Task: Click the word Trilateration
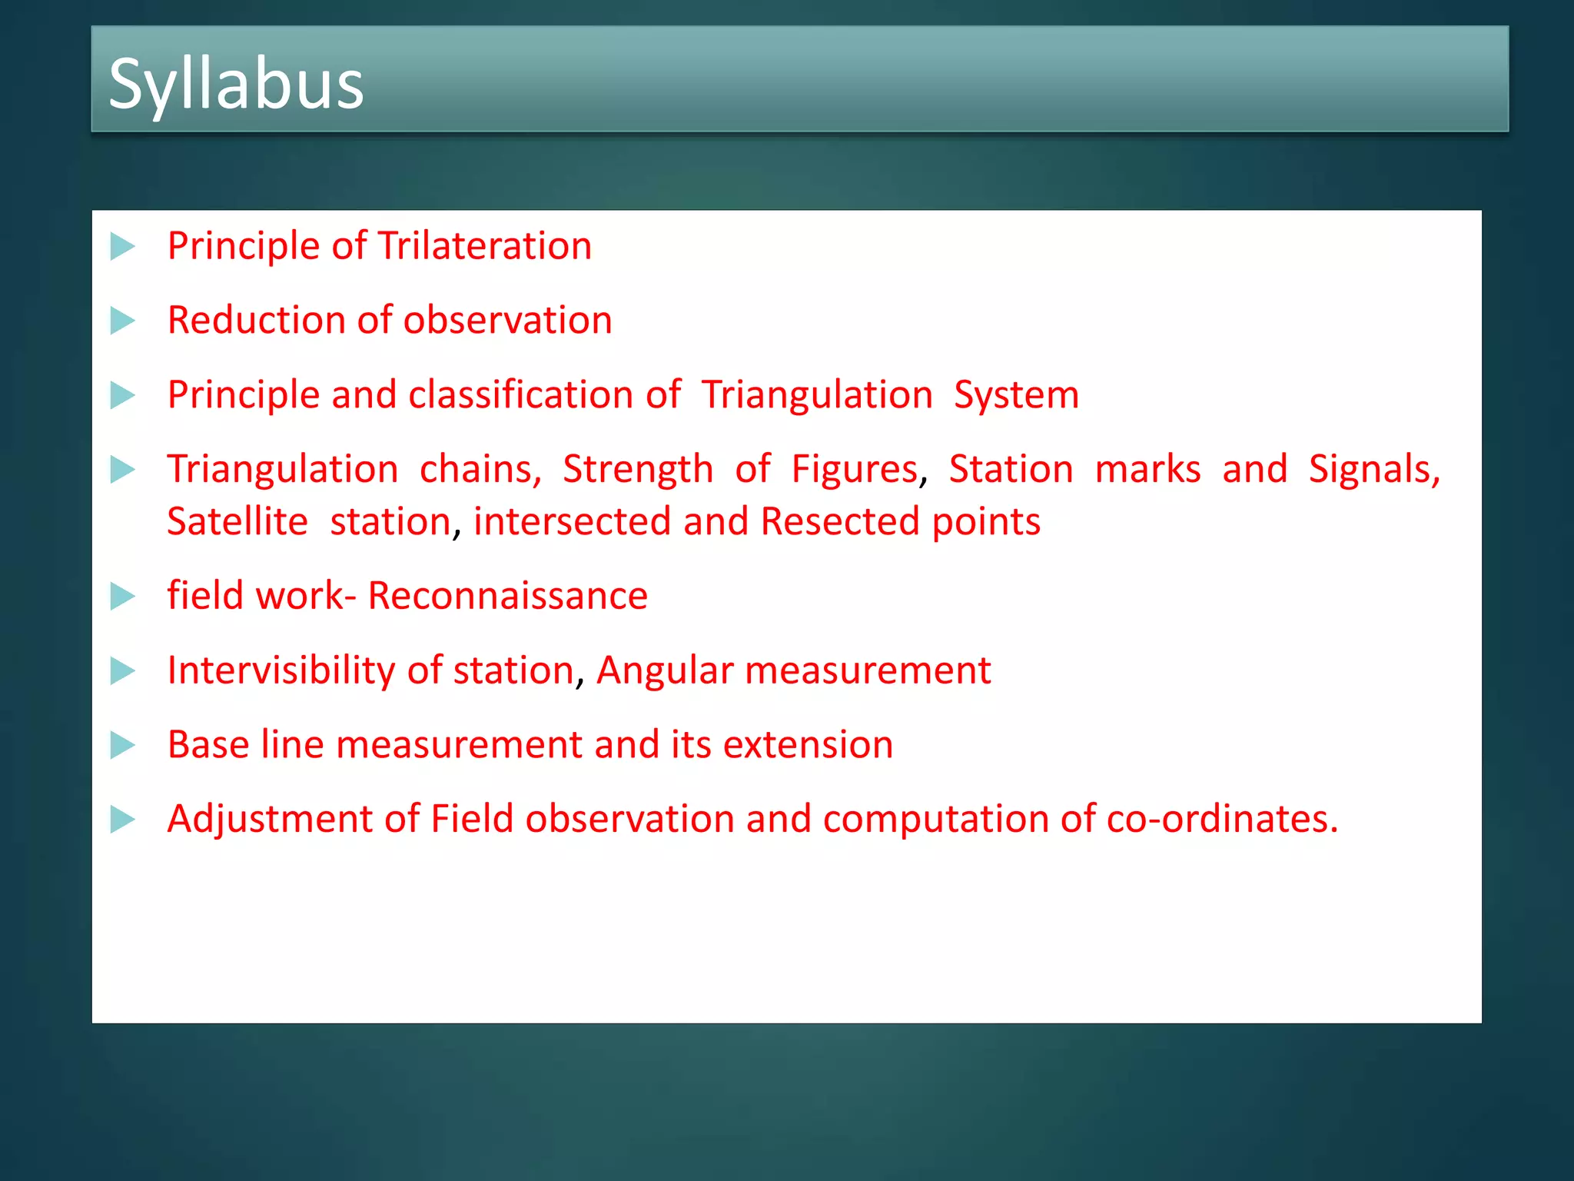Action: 484,246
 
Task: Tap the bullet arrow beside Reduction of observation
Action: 122,321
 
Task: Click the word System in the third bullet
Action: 1016,396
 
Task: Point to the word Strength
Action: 638,469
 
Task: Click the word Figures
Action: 854,469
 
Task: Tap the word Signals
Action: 1373,469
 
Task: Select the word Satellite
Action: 237,521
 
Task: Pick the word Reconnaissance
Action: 507,596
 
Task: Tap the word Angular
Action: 665,670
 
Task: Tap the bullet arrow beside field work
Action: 122,597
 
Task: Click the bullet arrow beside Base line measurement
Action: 122,745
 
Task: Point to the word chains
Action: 480,469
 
